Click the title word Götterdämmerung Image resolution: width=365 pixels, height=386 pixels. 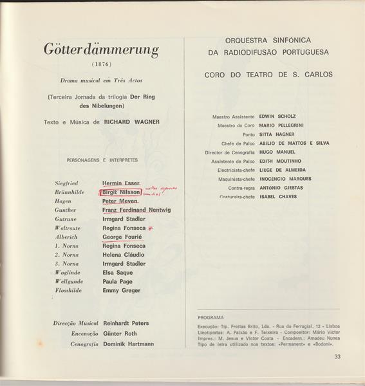tap(101, 50)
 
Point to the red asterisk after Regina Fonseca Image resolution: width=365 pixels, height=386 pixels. tap(151, 228)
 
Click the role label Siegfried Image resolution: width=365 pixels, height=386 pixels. tap(67, 183)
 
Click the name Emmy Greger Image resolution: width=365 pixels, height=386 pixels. tap(122, 290)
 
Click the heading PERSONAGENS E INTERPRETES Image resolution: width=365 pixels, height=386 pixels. tap(102, 160)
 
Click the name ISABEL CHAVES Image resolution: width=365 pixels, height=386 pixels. tap(278, 197)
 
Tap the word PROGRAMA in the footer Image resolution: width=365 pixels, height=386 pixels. tap(211, 317)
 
